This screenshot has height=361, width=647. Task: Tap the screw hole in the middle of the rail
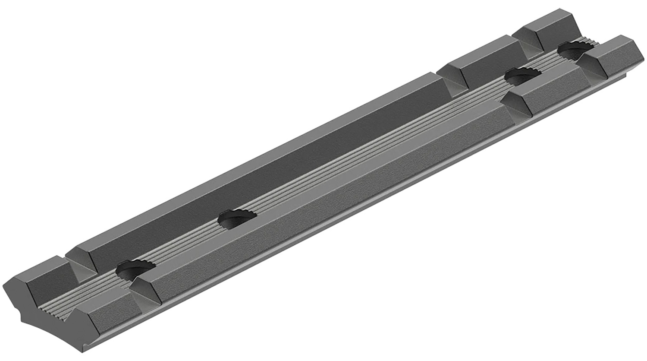pos(237,217)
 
